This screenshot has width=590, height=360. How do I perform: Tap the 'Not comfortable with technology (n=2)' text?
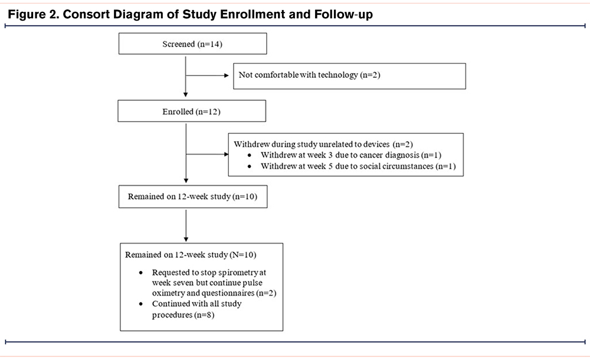coord(309,75)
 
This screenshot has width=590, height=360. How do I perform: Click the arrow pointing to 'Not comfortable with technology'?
coord(207,76)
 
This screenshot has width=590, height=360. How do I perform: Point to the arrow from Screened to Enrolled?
coord(185,77)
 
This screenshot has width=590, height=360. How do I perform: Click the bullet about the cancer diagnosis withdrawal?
coord(350,155)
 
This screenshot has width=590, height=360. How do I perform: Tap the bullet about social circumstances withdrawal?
coord(358,166)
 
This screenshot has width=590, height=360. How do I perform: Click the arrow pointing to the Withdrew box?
coord(207,154)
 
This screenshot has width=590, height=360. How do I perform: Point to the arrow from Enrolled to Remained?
coord(186,153)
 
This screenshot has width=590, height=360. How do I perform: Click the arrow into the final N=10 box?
coord(186,226)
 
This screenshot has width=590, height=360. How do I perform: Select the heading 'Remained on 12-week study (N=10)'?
coord(191,254)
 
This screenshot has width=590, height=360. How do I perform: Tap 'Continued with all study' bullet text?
coord(197,303)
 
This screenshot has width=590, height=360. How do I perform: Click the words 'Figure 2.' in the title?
coord(34,14)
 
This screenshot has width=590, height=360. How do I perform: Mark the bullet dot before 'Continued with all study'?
coord(141,304)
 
